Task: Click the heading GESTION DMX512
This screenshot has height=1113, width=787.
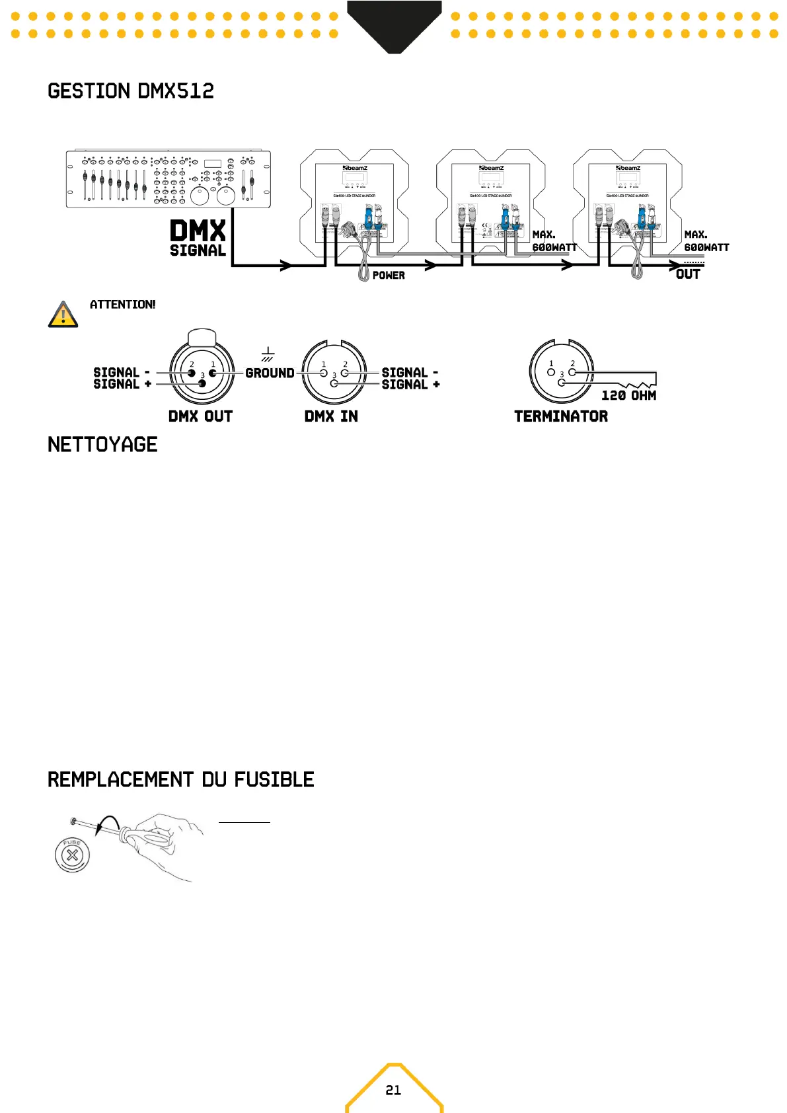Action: point(131,91)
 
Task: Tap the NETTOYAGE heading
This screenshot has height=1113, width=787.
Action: point(102,445)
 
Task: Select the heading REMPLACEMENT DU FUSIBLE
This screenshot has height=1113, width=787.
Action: point(180,780)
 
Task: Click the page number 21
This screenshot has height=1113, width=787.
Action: point(393,1090)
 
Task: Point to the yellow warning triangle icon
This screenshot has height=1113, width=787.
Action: point(63,315)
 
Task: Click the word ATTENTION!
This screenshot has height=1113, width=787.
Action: point(122,305)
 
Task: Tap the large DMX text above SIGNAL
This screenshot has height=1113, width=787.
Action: point(198,231)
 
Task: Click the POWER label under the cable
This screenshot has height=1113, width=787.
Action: point(389,276)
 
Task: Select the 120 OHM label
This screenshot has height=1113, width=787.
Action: point(628,395)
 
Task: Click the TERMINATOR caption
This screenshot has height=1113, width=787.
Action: point(561,416)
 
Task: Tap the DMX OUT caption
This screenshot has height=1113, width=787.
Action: point(200,416)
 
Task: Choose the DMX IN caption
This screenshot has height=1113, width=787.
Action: point(331,416)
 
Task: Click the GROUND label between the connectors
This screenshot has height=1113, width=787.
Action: point(270,373)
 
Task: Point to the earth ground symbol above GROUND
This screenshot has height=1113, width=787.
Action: point(268,354)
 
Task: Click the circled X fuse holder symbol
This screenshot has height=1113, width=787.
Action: point(72,855)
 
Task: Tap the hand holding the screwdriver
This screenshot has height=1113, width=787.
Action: point(165,843)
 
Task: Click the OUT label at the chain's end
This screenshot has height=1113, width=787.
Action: point(688,274)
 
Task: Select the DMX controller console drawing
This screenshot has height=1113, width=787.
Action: point(168,179)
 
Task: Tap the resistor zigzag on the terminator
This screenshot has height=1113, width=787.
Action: point(634,383)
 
